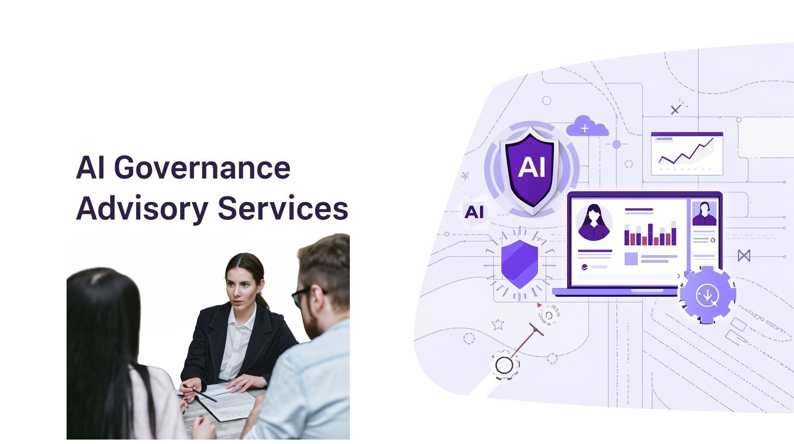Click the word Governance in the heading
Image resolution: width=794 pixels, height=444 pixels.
(x=202, y=168)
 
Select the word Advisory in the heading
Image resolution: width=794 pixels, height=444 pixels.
(x=141, y=209)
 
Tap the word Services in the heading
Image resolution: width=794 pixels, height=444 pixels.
(x=283, y=208)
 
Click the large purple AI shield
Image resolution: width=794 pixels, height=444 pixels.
(x=531, y=169)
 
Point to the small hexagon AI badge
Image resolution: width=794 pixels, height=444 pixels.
(x=474, y=212)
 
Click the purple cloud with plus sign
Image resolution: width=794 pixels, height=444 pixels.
(x=587, y=127)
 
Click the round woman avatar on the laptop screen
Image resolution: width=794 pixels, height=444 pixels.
(x=594, y=222)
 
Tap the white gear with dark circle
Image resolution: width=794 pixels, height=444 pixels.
(x=504, y=366)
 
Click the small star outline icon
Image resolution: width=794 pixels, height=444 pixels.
(x=498, y=325)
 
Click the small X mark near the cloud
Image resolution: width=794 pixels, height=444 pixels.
(x=675, y=110)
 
